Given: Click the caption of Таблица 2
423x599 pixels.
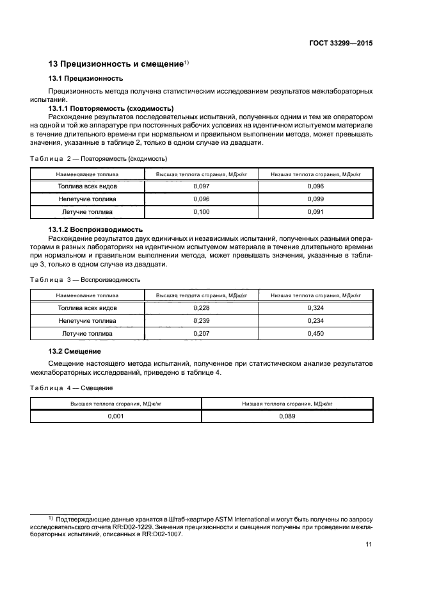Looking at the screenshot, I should tap(99, 158).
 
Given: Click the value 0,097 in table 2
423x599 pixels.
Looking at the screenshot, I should tap(202, 186).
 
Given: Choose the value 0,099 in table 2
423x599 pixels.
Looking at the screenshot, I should tap(315, 199).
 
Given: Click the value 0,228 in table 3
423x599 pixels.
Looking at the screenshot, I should tap(202, 308).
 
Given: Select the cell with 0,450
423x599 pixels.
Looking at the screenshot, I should tap(315, 334).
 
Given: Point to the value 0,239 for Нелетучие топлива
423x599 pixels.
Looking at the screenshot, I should tap(202, 321).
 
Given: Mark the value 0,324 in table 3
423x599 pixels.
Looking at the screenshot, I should tap(315, 308).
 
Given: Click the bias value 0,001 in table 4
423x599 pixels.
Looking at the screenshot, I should tap(116, 416).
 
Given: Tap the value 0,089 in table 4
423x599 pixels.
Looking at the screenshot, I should tap(287, 416).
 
